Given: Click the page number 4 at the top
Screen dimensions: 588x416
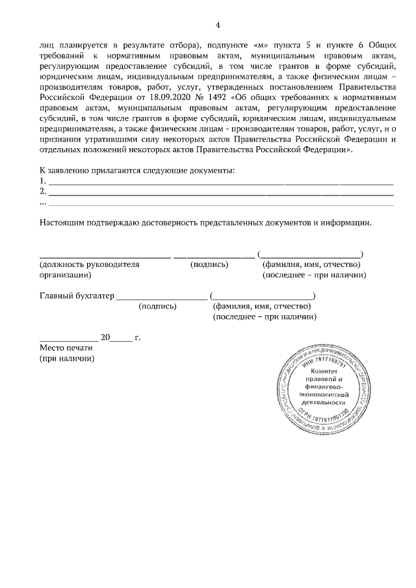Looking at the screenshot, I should coord(218,25).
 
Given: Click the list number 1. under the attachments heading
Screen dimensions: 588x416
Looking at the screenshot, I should coord(42,181).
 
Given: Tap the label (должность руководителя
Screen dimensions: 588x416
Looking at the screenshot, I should coord(90,264).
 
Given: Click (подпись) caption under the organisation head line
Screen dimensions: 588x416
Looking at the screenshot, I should coord(209,264).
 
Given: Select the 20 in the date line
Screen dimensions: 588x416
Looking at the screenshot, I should coord(105,338).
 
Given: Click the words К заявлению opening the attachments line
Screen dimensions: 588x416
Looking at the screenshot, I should coord(64,170).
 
